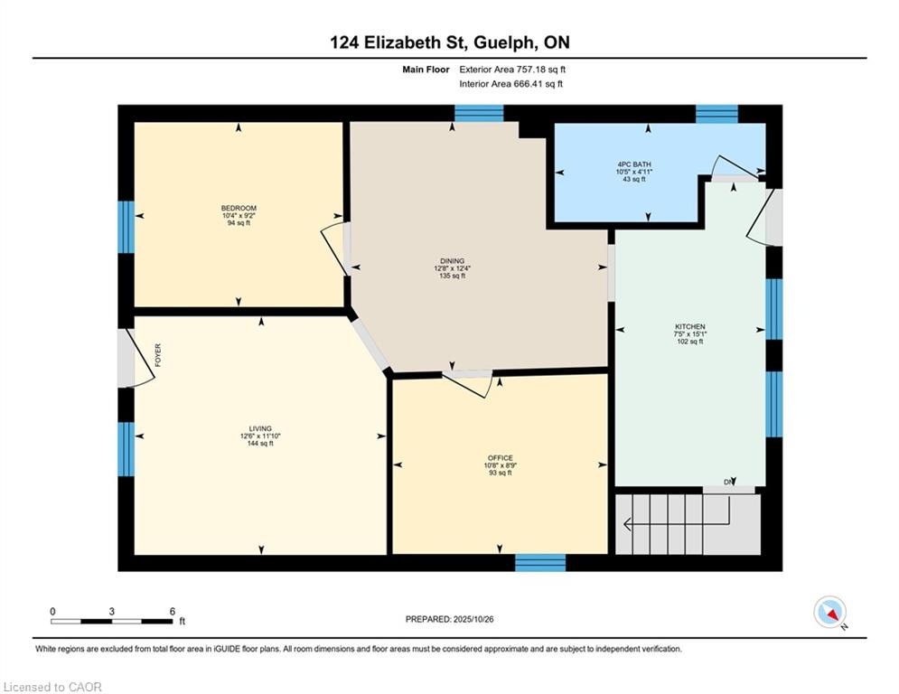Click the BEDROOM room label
click(x=239, y=208)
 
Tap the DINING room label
click(x=453, y=261)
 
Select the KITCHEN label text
click(x=689, y=326)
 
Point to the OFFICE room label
click(x=500, y=457)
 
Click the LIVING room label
click(x=260, y=428)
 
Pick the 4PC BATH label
click(x=634, y=164)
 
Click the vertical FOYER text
click(x=158, y=355)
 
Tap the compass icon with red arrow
click(x=830, y=612)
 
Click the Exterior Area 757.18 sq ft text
click(x=512, y=70)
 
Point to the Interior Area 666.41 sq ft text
click(x=510, y=84)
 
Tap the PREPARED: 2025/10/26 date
click(x=450, y=619)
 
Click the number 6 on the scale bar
click(x=172, y=612)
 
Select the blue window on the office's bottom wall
click(x=540, y=563)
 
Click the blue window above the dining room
click(x=479, y=114)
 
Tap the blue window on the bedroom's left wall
click(x=126, y=227)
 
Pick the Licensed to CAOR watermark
click(x=52, y=687)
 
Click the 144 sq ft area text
click(x=260, y=444)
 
